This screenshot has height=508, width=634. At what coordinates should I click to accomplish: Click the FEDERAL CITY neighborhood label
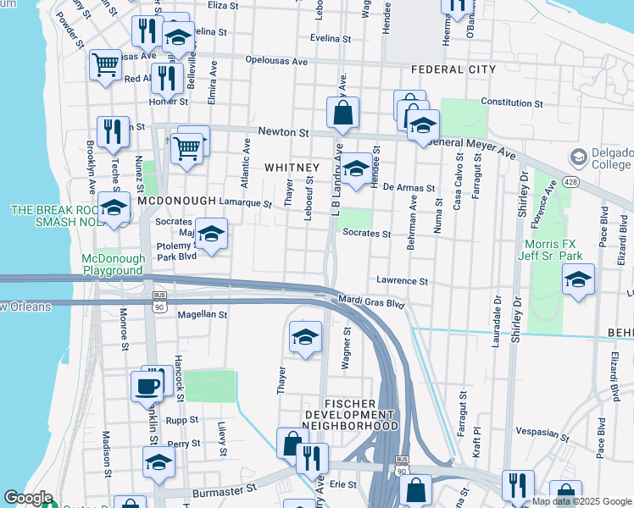tap(453, 69)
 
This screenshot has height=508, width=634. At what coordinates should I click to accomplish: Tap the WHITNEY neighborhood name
tap(291, 168)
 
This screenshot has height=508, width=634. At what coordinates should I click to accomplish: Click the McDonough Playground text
tap(112, 264)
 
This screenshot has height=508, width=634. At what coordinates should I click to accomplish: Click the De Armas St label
tap(409, 188)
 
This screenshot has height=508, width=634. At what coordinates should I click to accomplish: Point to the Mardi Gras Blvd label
tap(371, 301)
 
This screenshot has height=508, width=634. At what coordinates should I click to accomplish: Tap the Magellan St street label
tap(203, 314)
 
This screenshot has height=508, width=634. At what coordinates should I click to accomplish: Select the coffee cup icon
tap(147, 386)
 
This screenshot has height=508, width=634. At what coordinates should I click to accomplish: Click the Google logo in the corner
tap(28, 498)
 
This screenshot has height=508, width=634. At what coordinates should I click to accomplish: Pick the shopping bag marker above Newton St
tap(342, 113)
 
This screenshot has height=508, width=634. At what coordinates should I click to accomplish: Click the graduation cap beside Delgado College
tap(578, 157)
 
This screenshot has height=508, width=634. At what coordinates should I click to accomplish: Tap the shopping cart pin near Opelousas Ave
tap(106, 63)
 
